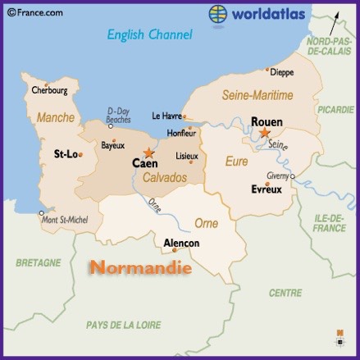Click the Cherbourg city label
[49, 90]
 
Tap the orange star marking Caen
[148, 153]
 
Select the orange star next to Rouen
[265, 133]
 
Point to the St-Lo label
[65, 153]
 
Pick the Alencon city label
[181, 244]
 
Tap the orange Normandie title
[140, 267]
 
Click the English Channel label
[150, 35]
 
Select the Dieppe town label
[281, 72]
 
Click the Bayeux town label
[112, 146]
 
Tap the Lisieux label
[187, 156]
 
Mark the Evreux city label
[266, 189]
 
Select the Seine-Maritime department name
[257, 96]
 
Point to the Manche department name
[55, 117]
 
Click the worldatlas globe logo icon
[218, 14]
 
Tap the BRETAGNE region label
[39, 262]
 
